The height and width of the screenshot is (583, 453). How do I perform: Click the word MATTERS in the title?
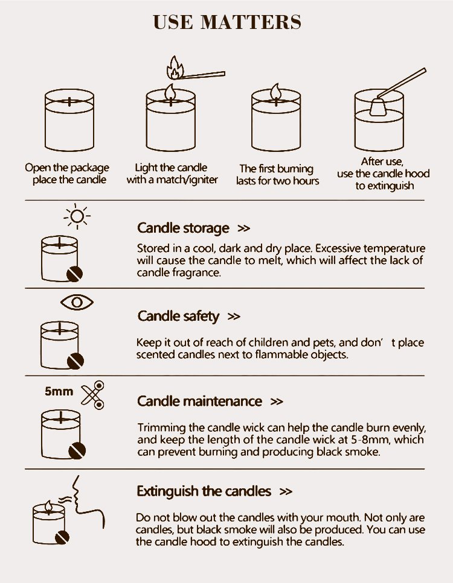point(251,22)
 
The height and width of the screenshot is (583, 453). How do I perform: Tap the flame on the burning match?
point(175,68)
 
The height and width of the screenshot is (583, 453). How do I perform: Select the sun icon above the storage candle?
point(77,216)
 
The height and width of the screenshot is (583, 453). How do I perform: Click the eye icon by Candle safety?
point(77,302)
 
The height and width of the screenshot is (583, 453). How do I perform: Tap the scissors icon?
point(93,395)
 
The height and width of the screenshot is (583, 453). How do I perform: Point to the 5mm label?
point(59,391)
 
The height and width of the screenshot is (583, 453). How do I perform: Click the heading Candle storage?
point(183,228)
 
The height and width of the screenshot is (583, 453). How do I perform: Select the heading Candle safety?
point(178,316)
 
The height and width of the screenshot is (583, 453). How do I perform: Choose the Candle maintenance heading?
point(199,401)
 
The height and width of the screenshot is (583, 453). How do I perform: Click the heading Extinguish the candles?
point(204,491)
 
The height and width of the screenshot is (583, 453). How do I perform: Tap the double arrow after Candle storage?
point(243,228)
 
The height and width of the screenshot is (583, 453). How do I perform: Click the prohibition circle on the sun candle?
point(74,274)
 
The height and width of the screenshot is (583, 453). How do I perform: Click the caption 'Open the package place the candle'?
point(67,174)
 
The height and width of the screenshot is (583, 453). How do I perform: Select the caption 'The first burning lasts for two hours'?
point(277,175)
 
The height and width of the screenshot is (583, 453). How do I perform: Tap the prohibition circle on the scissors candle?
point(77,451)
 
